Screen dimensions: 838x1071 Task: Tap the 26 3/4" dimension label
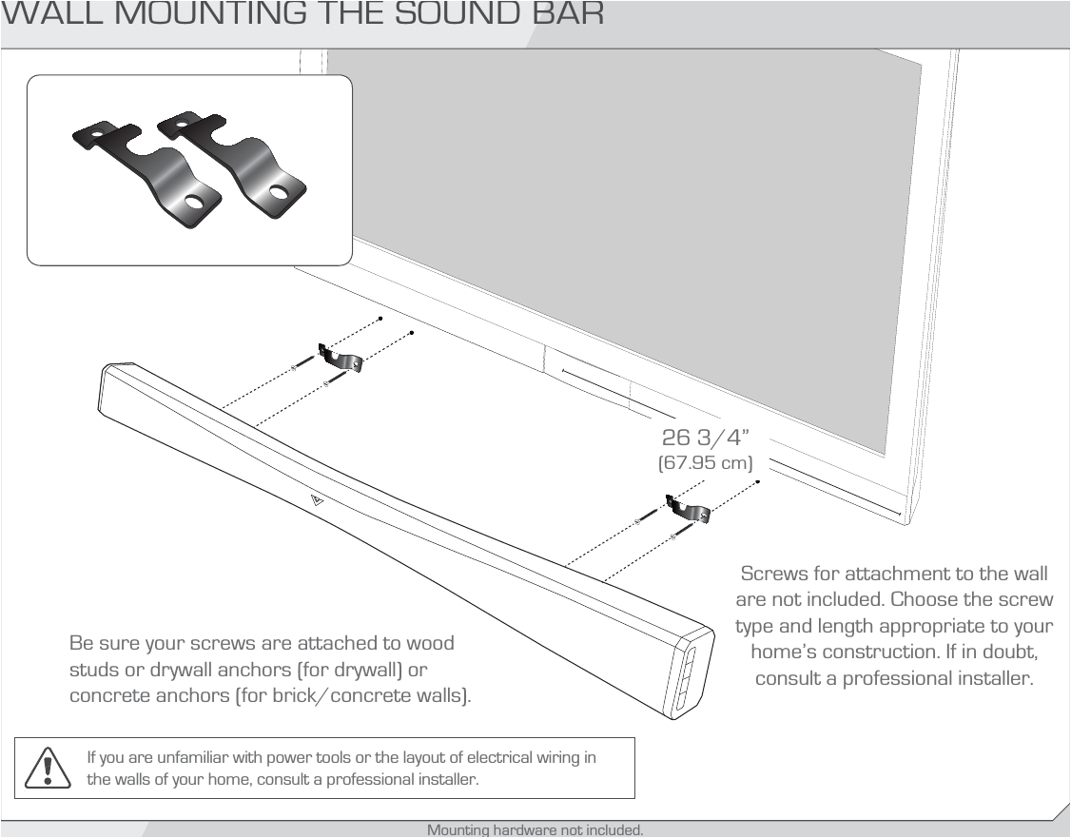(x=706, y=438)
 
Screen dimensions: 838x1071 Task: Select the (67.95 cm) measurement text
(x=706, y=463)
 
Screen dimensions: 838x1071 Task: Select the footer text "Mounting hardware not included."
(x=535, y=830)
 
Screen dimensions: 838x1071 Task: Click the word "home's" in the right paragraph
(x=787, y=652)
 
